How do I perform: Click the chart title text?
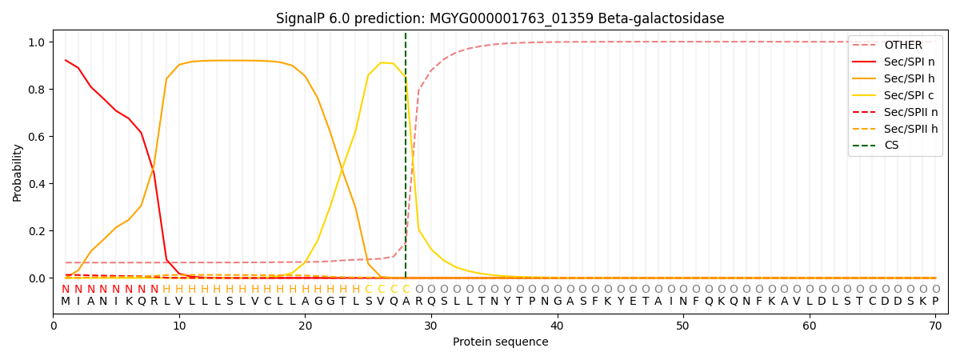click(x=500, y=18)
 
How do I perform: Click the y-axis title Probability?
click(x=18, y=172)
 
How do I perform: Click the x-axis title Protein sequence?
click(x=500, y=342)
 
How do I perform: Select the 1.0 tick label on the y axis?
click(x=37, y=42)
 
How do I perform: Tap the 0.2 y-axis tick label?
click(x=37, y=231)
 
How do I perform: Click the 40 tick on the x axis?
click(x=557, y=324)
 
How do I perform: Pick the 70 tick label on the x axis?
click(x=935, y=324)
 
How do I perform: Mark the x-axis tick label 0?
click(x=54, y=324)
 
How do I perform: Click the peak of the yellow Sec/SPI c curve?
click(x=381, y=62)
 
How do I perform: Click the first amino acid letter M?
click(x=66, y=302)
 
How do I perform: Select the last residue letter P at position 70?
click(x=935, y=302)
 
